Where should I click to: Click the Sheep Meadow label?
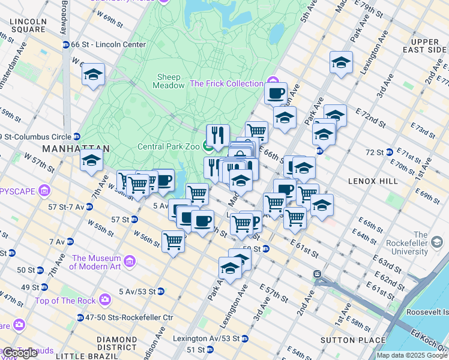(x=170, y=81)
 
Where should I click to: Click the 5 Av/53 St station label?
(x=137, y=292)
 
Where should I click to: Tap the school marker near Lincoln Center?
(x=93, y=74)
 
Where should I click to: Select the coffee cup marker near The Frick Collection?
(x=276, y=94)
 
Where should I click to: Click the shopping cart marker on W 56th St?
(x=173, y=242)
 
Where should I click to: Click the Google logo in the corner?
(x=20, y=353)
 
